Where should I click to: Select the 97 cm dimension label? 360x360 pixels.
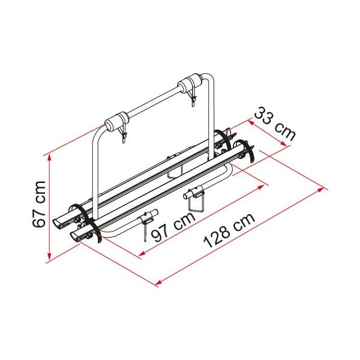pyautogui.click(x=173, y=227)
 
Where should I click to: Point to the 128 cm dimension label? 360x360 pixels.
pyautogui.click(x=230, y=231)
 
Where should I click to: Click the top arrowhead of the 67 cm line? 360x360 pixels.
pyautogui.click(x=49, y=157)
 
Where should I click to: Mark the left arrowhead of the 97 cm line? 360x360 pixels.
pyautogui.click(x=142, y=253)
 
